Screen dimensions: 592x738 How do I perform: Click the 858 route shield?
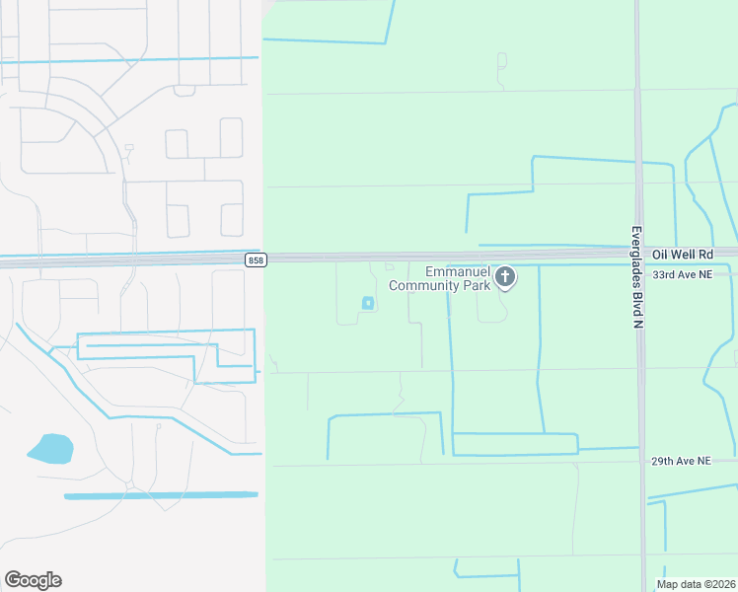(x=256, y=259)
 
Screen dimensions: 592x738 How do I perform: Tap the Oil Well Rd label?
(x=682, y=255)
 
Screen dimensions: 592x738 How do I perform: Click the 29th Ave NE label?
(x=682, y=461)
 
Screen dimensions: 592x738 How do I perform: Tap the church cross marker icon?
(x=505, y=277)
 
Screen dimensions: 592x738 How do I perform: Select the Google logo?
(x=33, y=580)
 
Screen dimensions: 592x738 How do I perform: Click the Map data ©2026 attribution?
(x=696, y=584)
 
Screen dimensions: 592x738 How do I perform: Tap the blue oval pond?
(x=49, y=449)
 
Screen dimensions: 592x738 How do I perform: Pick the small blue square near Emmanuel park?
(x=368, y=303)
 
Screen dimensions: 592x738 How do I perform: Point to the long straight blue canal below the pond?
(x=161, y=495)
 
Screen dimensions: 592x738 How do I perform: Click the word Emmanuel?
(x=458, y=272)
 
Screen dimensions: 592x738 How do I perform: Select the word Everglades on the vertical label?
(x=636, y=259)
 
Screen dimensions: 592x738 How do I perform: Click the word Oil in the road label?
(x=660, y=255)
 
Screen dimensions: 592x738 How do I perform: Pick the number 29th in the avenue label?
(x=664, y=461)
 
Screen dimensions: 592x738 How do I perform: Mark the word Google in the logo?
(x=33, y=580)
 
